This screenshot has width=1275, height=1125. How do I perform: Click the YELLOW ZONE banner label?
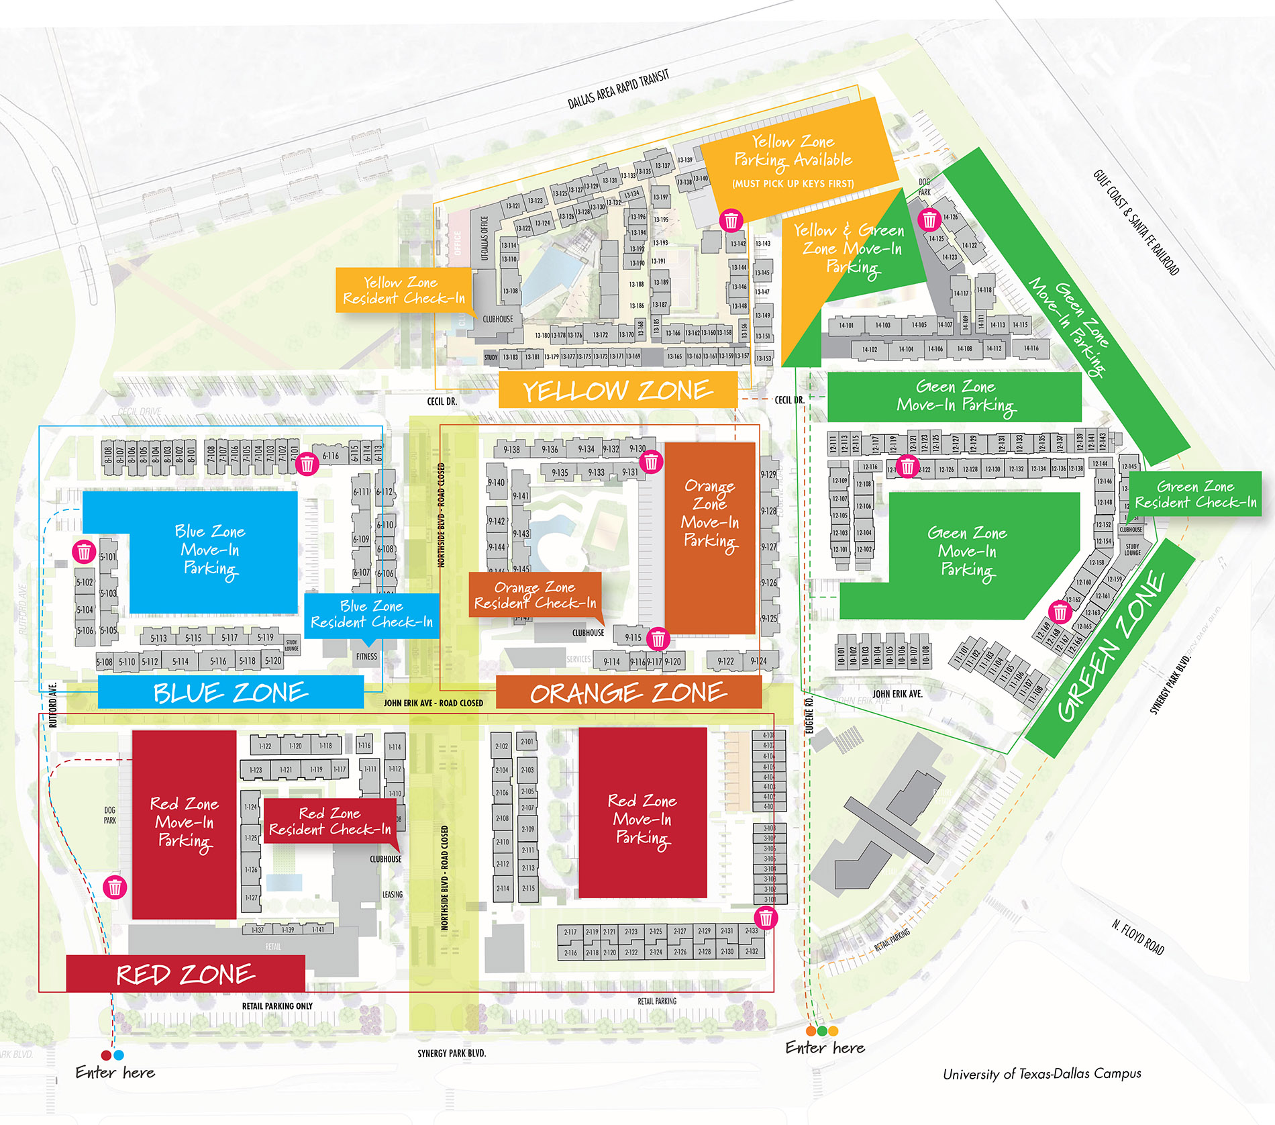click(x=617, y=391)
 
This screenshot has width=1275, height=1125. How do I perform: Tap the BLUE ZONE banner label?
click(x=230, y=692)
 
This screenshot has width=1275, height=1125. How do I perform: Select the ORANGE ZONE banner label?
click(x=628, y=693)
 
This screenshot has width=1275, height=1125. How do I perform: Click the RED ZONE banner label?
click(x=185, y=974)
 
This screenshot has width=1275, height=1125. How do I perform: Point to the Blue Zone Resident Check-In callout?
click(x=371, y=614)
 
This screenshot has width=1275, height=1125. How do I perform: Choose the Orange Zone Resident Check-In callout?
click(x=535, y=595)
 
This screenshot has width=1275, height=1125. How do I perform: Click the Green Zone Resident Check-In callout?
click(x=1195, y=494)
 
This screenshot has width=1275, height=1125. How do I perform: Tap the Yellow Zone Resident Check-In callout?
click(x=403, y=290)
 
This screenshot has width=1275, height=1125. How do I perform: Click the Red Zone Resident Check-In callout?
click(x=329, y=822)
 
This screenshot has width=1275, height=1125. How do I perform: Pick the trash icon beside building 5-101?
click(x=84, y=552)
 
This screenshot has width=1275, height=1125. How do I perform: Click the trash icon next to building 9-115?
click(x=658, y=638)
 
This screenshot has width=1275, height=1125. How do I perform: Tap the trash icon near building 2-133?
click(x=766, y=917)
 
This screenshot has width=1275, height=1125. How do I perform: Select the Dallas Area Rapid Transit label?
click(x=618, y=89)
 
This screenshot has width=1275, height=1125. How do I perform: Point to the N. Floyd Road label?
click(x=1138, y=938)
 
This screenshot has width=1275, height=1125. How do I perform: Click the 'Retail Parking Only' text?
click(x=277, y=1006)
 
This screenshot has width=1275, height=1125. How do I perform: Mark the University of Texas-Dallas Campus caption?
click(x=1041, y=1073)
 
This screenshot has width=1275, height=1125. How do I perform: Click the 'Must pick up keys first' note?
click(x=793, y=183)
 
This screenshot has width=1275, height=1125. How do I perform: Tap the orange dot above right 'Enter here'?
click(x=811, y=1030)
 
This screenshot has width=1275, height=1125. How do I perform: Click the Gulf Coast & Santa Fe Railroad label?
click(x=1135, y=222)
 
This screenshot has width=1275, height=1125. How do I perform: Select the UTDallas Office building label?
click(x=484, y=238)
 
